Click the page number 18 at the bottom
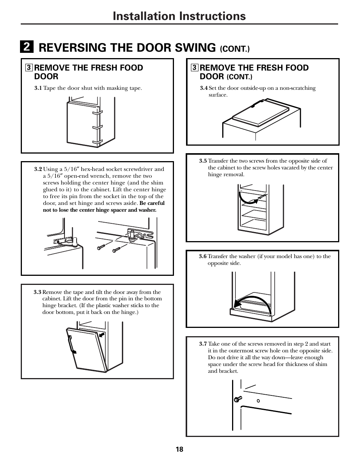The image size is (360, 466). [179, 449]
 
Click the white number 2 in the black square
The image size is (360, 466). [27, 47]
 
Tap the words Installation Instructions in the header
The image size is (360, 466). [180, 16]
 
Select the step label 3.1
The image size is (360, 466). [38, 88]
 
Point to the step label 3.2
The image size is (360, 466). [38, 169]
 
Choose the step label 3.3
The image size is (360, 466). [37, 292]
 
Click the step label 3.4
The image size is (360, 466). [204, 88]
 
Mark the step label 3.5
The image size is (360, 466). [203, 161]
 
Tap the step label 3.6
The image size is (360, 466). [203, 257]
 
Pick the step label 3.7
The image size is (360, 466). [203, 344]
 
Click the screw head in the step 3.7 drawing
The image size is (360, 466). [237, 398]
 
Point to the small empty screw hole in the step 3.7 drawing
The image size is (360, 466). [258, 401]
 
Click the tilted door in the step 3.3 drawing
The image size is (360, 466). [87, 349]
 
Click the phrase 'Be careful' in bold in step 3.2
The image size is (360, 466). [152, 203]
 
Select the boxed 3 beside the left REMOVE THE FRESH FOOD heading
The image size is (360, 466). [28, 68]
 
